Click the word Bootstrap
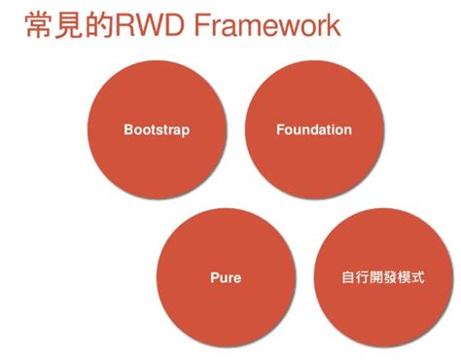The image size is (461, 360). [157, 130]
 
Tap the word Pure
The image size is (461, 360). [226, 278]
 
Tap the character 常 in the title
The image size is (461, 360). [36, 25]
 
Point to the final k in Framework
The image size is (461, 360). [334, 25]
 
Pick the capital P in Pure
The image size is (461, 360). [214, 278]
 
